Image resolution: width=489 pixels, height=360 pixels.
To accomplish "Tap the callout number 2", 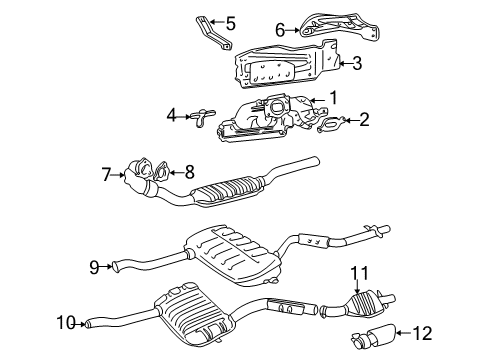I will pyautogui.click(x=365, y=121).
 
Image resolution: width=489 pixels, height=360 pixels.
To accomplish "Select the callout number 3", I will pyautogui.click(x=356, y=63).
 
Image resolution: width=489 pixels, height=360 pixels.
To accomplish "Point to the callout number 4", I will pyautogui.click(x=172, y=116).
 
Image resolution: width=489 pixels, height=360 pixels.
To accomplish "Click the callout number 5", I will pyautogui.click(x=230, y=22).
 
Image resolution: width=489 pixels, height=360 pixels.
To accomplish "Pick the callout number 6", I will pyautogui.click(x=280, y=30).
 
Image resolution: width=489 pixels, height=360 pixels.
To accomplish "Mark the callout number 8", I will pyautogui.click(x=191, y=171).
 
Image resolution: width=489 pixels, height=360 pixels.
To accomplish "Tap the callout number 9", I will pyautogui.click(x=93, y=266).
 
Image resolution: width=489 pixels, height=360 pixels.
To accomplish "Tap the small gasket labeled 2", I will pyautogui.click(x=331, y=126).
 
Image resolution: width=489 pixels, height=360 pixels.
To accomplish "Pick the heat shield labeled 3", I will pyautogui.click(x=285, y=70).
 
